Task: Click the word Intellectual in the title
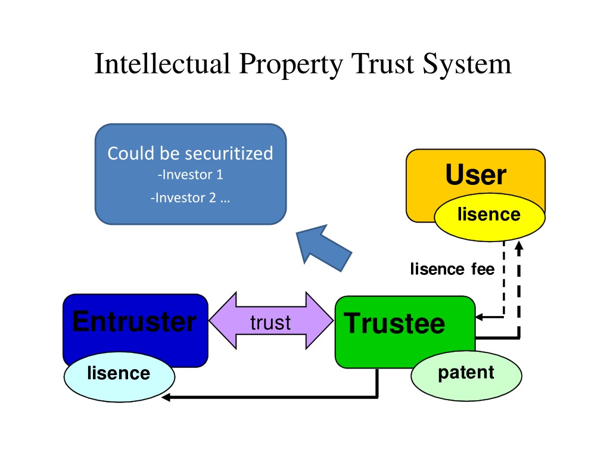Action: click(163, 63)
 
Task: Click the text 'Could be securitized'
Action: click(190, 153)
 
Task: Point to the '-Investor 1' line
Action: click(190, 175)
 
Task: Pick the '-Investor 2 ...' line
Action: click(190, 198)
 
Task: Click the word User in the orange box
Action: click(476, 175)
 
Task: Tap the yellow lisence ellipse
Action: click(490, 217)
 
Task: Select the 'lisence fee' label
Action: click(453, 269)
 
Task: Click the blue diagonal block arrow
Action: click(322, 248)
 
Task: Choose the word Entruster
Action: click(134, 321)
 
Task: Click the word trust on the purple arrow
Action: click(270, 323)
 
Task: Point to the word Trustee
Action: click(394, 324)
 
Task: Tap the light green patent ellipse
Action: click(466, 376)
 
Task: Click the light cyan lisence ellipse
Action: click(119, 377)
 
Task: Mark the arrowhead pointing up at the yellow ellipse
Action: click(519, 246)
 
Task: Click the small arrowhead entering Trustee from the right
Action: click(480, 317)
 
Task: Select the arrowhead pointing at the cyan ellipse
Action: click(166, 397)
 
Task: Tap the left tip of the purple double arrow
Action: click(209, 320)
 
